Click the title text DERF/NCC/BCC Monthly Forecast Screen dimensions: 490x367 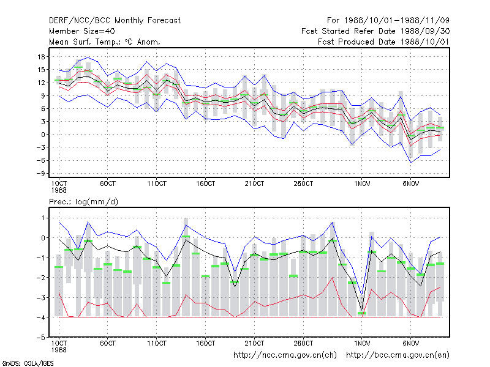[115, 21]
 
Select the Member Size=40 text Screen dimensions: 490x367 [82, 31]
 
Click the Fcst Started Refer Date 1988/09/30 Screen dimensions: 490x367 [375, 31]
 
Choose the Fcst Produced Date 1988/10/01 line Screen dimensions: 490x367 [384, 42]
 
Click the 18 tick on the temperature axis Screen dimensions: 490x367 [41, 57]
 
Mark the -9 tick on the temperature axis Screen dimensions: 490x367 [40, 174]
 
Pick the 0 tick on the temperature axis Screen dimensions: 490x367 [43, 135]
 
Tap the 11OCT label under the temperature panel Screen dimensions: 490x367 [157, 184]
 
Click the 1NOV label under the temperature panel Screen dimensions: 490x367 [362, 184]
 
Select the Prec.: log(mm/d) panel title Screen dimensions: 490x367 [83, 202]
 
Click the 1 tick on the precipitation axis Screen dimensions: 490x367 [43, 218]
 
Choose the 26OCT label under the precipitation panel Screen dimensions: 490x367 [303, 343]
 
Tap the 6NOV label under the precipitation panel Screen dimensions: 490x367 [410, 343]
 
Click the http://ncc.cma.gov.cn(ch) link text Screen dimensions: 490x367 [285, 355]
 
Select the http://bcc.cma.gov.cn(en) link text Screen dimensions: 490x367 [398, 355]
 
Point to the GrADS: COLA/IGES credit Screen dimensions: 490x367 [28, 363]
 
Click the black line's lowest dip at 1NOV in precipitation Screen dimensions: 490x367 [362, 310]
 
